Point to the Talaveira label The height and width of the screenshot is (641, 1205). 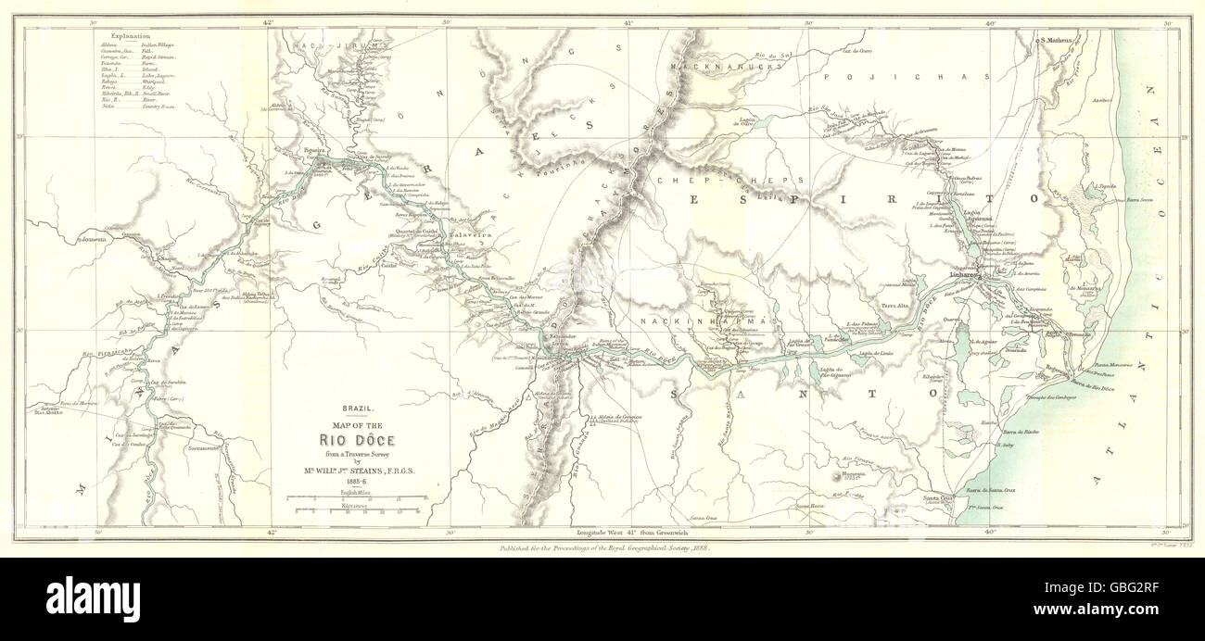coord(468,235)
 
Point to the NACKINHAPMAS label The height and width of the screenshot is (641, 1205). coord(705,320)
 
